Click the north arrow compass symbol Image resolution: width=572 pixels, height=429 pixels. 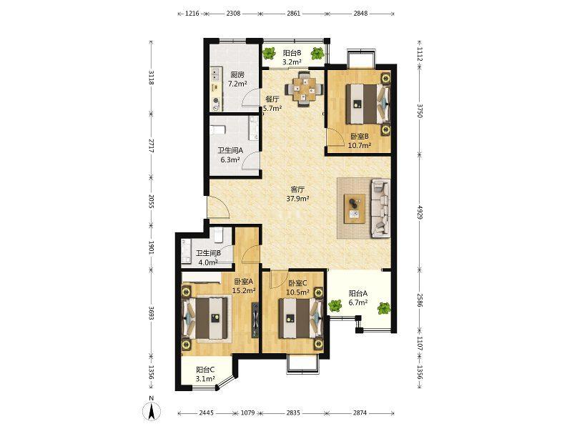[x=152, y=408]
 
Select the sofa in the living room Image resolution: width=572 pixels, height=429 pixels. [x=380, y=208]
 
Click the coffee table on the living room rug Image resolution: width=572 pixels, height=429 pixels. [x=354, y=208]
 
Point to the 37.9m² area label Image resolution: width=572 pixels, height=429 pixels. [x=297, y=199]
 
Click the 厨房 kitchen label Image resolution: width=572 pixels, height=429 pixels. [x=237, y=75]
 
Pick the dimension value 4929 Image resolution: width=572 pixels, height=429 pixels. [x=420, y=212]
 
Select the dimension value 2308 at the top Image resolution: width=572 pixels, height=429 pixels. [x=234, y=14]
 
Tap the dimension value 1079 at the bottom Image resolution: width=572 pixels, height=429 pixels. [x=247, y=413]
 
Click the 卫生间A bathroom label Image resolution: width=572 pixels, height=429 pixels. [x=230, y=150]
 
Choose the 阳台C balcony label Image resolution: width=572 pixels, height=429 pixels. [x=205, y=370]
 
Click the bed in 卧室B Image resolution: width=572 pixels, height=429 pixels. [x=368, y=104]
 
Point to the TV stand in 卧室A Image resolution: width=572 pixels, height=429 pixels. [x=255, y=320]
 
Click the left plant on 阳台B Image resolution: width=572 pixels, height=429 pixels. [x=270, y=54]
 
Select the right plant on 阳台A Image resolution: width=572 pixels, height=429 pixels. [x=383, y=308]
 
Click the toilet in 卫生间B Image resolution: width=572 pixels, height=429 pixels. [x=219, y=235]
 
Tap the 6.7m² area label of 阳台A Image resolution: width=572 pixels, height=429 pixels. [x=358, y=302]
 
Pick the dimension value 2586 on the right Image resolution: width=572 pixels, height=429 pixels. [x=420, y=300]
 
